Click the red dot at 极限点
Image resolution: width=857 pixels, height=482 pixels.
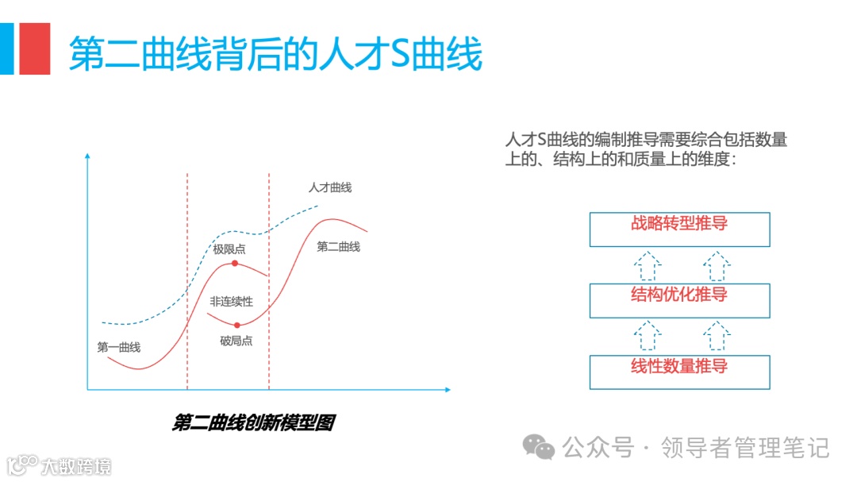pyautogui.click(x=235, y=263)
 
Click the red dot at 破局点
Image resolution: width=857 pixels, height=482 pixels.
pyautogui.click(x=237, y=324)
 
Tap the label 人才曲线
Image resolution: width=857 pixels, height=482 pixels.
pyautogui.click(x=329, y=187)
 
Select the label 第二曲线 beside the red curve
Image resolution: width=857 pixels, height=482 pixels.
pyautogui.click(x=338, y=247)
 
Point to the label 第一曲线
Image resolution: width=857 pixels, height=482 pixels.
pyautogui.click(x=119, y=347)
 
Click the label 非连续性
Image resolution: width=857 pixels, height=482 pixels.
pyautogui.click(x=231, y=302)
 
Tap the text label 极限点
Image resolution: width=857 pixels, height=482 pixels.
pyautogui.click(x=229, y=249)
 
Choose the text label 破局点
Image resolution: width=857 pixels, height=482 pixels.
pyautogui.click(x=236, y=341)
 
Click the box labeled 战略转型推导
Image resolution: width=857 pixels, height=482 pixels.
pyautogui.click(x=679, y=229)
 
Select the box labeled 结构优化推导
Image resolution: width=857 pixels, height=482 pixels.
pyautogui.click(x=679, y=300)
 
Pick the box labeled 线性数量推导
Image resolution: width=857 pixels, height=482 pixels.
pyautogui.click(x=679, y=372)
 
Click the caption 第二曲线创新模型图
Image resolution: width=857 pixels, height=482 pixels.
pyautogui.click(x=253, y=422)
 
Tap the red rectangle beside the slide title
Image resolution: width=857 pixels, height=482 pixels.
pyautogui.click(x=35, y=48)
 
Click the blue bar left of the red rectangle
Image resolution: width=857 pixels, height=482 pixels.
pyautogui.click(x=6, y=48)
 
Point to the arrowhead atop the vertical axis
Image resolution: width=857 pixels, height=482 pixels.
pyautogui.click(x=87, y=155)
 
